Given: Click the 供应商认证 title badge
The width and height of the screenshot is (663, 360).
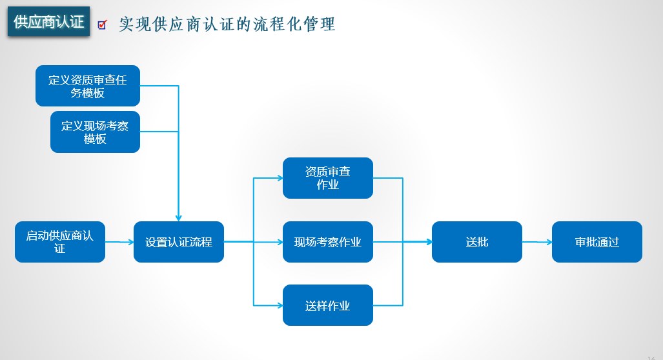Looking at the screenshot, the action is click(48, 21).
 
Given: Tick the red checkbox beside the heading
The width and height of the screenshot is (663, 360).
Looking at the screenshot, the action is click(102, 25).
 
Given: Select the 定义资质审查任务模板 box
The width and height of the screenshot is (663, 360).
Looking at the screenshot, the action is click(88, 86).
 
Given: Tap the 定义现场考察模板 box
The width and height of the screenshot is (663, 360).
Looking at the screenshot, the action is click(95, 132).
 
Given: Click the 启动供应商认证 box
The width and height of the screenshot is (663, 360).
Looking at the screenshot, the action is click(60, 242).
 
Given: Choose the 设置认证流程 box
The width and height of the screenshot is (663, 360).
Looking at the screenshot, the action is click(179, 242).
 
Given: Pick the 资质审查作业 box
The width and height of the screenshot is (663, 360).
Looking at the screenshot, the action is click(328, 178).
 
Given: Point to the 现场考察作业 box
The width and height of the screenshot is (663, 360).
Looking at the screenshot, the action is click(328, 242).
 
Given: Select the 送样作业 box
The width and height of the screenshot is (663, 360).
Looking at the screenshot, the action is click(328, 305).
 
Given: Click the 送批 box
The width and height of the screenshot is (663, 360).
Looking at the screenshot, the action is click(477, 242).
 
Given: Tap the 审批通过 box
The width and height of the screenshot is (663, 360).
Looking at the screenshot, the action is click(597, 242).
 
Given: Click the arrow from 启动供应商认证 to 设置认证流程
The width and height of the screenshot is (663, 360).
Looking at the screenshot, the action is click(119, 242).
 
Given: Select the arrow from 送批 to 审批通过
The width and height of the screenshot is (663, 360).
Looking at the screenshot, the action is click(537, 242).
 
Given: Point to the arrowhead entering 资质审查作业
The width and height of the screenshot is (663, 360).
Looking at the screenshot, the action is click(280, 178).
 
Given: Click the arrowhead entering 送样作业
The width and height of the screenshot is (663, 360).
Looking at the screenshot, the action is click(280, 305).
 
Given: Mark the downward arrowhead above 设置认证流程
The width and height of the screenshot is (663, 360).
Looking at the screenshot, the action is click(178, 218).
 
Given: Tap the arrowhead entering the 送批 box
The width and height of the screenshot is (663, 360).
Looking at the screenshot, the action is click(429, 242).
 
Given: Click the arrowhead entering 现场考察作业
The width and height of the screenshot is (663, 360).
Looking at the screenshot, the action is click(280, 242).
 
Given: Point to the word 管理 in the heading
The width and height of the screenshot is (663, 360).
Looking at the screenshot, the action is click(320, 25).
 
